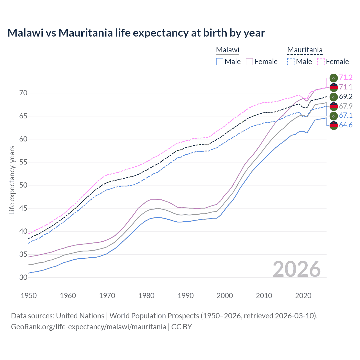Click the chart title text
click(x=136, y=33)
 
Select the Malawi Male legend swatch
click(x=220, y=62)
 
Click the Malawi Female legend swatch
click(x=250, y=62)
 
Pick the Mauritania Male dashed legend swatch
click(x=291, y=62)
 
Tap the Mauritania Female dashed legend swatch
click(x=321, y=62)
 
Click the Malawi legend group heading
click(x=228, y=50)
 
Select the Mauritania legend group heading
click(x=305, y=50)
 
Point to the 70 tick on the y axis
click(x=23, y=93)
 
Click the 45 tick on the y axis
click(x=23, y=208)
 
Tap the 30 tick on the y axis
click(x=23, y=277)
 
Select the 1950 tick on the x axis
click(x=29, y=296)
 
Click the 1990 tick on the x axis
click(x=186, y=296)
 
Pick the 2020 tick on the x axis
click(x=303, y=296)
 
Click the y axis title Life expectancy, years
click(x=12, y=180)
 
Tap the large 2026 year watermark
click(x=296, y=269)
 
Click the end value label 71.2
click(x=346, y=77)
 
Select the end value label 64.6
click(x=346, y=125)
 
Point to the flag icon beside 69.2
click(x=334, y=97)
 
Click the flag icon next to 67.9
click(x=334, y=106)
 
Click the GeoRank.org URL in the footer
click(x=88, y=327)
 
